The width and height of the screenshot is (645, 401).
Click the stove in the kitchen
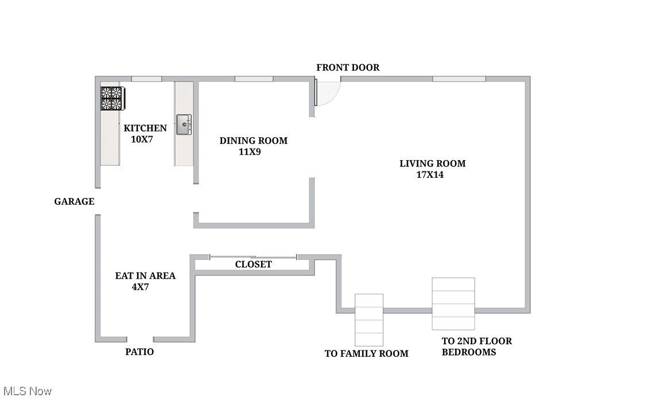(x=112, y=98)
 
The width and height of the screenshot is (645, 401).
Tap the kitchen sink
(x=184, y=124)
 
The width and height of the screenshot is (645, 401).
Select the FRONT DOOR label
(x=348, y=68)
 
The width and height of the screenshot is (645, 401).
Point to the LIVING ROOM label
(x=432, y=163)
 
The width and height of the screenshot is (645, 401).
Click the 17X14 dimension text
(x=430, y=175)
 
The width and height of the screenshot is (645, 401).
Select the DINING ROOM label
(x=253, y=141)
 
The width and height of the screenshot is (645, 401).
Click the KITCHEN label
(x=145, y=129)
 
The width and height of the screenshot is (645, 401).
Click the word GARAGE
(x=74, y=201)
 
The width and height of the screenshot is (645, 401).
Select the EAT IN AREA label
(x=145, y=276)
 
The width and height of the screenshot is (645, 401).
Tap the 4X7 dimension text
(x=140, y=287)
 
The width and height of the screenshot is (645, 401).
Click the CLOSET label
(x=253, y=264)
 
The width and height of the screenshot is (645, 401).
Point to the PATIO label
(x=139, y=352)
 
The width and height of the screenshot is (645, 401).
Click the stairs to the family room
(x=368, y=320)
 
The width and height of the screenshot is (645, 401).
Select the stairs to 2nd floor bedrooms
(x=453, y=303)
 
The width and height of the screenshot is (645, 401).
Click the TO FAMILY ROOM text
(x=366, y=353)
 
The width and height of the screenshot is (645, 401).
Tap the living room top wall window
(x=459, y=79)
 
